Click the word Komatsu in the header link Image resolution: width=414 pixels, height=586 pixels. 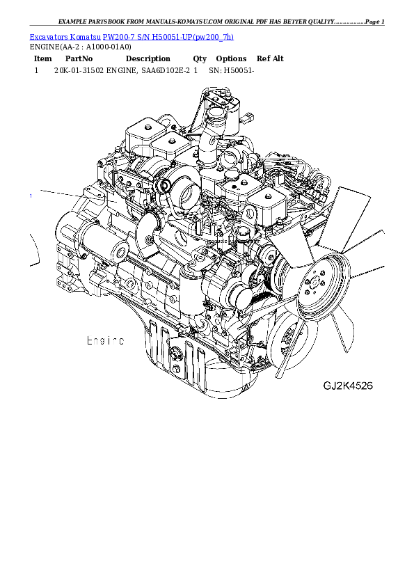pyautogui.click(x=84, y=36)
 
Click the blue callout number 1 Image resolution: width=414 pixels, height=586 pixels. pyautogui.click(x=31, y=196)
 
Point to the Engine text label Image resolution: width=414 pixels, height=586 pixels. pyautogui.click(x=105, y=341)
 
